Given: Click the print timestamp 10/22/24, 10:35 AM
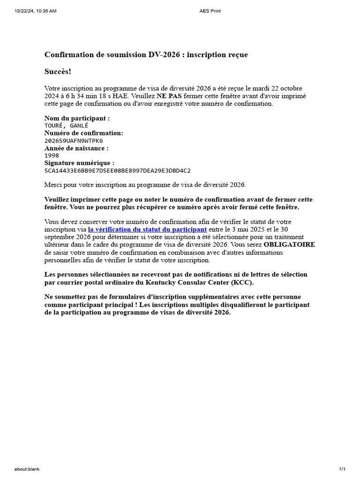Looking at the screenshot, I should tap(36, 11).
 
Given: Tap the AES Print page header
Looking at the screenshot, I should tap(210, 11).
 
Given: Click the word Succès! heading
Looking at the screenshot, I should tap(58, 71).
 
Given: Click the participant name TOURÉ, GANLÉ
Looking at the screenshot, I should tap(66, 126).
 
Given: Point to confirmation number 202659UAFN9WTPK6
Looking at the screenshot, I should tap(74, 141).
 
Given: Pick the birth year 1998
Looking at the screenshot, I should tap(52, 156).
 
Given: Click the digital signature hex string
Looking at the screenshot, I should tap(117, 171).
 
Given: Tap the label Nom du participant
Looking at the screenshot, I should tap(77, 118).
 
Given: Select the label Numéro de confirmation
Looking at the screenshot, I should tap(83, 133).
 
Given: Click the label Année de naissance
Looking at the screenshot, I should tap(76, 148).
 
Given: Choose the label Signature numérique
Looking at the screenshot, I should tap(79, 163).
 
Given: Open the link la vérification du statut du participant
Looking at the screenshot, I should tap(147, 230).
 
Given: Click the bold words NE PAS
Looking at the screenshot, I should tap(169, 96).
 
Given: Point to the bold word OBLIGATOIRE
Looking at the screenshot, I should tap(289, 245).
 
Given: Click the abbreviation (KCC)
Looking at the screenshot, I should tap(242, 282).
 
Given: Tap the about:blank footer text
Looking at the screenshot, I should tap(27, 469).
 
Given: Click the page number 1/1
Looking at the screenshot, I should tap(342, 469).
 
